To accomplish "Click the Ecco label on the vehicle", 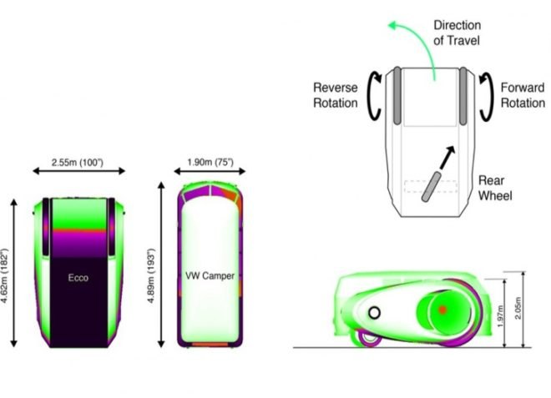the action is [78, 278].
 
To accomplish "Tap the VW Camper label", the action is [210, 275].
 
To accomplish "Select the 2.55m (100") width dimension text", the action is [78, 163].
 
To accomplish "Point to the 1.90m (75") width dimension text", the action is [210, 163].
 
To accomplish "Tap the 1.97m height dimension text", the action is [501, 316].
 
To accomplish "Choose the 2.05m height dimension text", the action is [518, 308].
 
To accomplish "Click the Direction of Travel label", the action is [457, 33].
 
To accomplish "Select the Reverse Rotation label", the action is [336, 95].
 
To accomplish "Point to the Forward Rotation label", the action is [523, 95].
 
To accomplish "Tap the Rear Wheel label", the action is [495, 188].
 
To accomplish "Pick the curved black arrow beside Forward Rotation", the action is [487, 97].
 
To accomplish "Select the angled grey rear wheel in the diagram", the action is [432, 187].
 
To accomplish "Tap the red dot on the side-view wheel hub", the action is [442, 310].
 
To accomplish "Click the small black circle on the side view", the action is [374, 312].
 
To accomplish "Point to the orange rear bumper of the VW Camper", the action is [210, 345].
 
